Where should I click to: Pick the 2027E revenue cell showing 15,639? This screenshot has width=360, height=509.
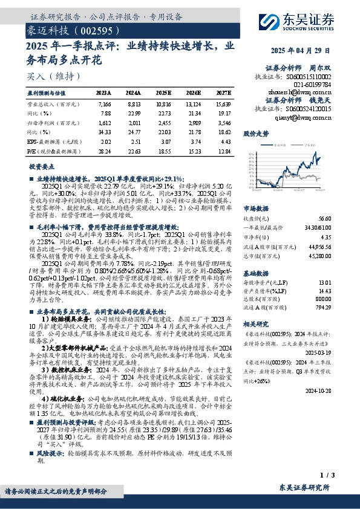click(223, 105)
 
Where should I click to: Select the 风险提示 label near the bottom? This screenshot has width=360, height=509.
click(50, 452)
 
